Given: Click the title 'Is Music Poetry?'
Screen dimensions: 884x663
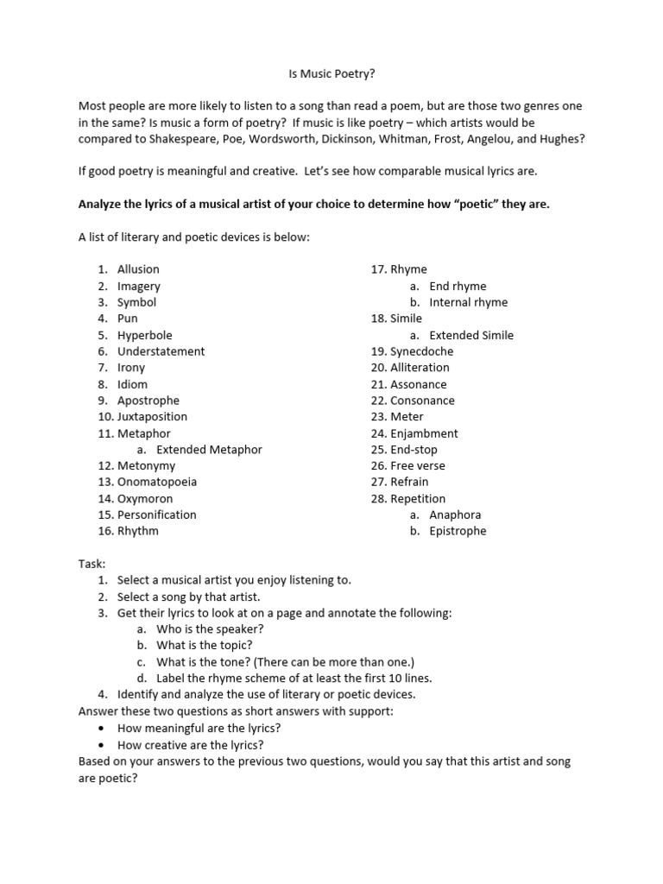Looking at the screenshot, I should (x=331, y=76).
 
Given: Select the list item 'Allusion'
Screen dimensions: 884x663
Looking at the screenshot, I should (x=138, y=269).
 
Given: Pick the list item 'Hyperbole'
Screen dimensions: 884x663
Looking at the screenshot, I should (x=145, y=335).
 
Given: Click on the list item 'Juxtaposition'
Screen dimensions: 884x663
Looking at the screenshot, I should (x=152, y=417).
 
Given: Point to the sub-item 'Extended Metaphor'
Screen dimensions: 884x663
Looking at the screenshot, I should (x=209, y=450).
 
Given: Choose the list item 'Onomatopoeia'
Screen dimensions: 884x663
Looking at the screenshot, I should (x=156, y=483).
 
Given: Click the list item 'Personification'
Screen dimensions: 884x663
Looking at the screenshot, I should (x=156, y=515).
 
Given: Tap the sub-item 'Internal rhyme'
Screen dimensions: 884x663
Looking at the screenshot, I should (x=468, y=302).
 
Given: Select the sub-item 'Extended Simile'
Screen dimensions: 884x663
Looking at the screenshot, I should (x=470, y=335).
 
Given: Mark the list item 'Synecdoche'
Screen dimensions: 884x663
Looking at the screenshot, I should (x=421, y=351).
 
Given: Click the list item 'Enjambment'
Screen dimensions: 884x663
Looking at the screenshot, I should (x=424, y=433).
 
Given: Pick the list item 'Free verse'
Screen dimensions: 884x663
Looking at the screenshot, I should (x=418, y=466).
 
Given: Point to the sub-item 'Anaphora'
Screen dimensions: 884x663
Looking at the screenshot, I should (x=455, y=515).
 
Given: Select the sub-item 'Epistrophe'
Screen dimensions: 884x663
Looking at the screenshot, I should (x=458, y=532).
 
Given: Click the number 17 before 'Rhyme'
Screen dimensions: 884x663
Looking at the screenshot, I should (x=378, y=269).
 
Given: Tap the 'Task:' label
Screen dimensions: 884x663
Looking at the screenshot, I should (x=92, y=564).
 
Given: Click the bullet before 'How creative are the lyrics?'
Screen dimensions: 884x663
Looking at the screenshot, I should (x=103, y=745).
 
